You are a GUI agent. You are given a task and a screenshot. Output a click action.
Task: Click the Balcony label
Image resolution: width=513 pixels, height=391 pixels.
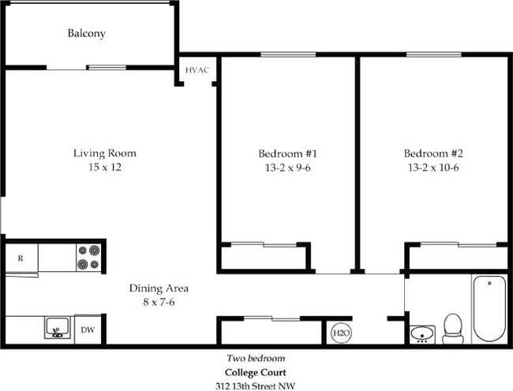[86, 34]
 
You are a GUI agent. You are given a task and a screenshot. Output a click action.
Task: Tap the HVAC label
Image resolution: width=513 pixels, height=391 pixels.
[197, 71]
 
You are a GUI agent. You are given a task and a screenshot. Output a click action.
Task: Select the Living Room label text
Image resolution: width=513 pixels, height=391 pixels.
[105, 153]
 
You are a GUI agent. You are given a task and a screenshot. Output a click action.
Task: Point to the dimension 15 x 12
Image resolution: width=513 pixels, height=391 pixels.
[105, 167]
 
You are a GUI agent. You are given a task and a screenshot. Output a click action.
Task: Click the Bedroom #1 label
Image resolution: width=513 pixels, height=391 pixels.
[287, 153]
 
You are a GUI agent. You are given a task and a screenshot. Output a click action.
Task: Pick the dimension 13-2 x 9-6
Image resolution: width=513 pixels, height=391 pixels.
[287, 167]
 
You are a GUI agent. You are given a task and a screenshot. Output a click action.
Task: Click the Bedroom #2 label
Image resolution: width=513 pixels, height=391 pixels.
[432, 153]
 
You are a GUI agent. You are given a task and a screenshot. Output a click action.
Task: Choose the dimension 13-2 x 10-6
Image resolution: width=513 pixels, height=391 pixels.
[432, 167]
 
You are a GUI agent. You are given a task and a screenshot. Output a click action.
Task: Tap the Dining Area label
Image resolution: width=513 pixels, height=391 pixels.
[159, 288]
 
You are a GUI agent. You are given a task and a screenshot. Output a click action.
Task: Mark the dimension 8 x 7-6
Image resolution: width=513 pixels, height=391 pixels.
[159, 302]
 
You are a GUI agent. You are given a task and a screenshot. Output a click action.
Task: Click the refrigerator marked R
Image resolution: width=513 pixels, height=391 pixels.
[21, 258]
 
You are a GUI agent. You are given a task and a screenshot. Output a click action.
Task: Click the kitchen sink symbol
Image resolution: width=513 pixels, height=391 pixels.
[56, 328]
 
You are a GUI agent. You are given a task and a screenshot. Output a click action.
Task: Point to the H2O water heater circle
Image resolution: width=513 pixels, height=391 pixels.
[340, 333]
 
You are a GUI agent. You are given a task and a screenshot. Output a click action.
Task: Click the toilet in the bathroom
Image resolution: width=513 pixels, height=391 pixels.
[452, 328]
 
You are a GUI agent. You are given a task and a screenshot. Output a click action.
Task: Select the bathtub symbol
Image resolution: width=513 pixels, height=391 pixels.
[489, 308]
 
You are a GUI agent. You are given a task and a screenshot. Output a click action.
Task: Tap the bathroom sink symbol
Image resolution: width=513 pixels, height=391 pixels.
[424, 333]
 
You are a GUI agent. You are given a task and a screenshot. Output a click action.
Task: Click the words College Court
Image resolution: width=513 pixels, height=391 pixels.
[255, 372]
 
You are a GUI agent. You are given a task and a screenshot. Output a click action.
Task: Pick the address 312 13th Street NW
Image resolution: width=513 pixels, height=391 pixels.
[255, 385]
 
